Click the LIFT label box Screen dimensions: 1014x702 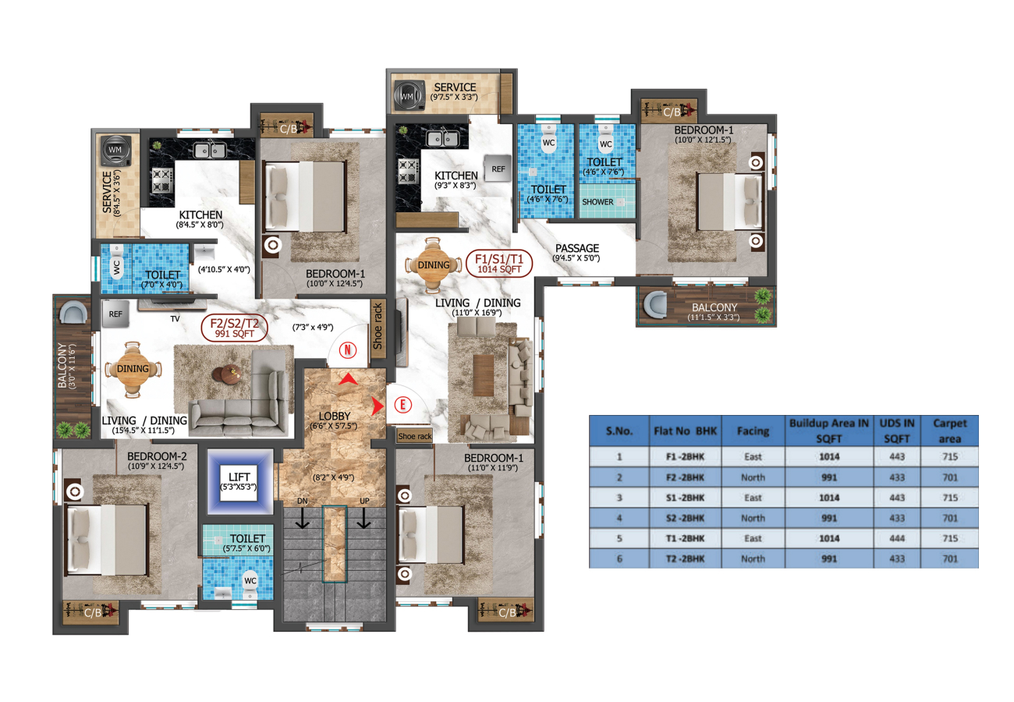pyautogui.click(x=239, y=482)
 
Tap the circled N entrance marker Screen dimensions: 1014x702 pyautogui.click(x=348, y=350)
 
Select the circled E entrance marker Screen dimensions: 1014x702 pyautogui.click(x=403, y=405)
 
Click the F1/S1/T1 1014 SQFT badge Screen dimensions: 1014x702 pyautogui.click(x=499, y=264)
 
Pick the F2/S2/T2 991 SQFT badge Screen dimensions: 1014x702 pyautogui.click(x=234, y=328)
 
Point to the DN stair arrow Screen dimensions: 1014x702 pyautogui.click(x=303, y=517)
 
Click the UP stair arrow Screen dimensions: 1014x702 pyautogui.click(x=363, y=517)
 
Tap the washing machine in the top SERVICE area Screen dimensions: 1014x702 pyautogui.click(x=409, y=95)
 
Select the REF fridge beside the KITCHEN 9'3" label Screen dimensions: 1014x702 pyautogui.click(x=498, y=168)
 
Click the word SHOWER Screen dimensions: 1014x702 pyautogui.click(x=597, y=202)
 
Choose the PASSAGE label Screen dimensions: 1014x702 pyautogui.click(x=577, y=248)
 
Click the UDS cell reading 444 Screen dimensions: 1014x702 pyautogui.click(x=897, y=538)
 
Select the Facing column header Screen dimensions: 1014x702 pyautogui.click(x=753, y=431)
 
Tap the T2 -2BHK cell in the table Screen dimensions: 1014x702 pyautogui.click(x=685, y=558)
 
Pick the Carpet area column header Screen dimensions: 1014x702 pyautogui.click(x=949, y=431)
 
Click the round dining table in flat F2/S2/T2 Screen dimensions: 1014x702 pyautogui.click(x=132, y=370)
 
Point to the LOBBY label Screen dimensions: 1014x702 pyautogui.click(x=334, y=416)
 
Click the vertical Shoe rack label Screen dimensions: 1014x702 pyautogui.click(x=377, y=326)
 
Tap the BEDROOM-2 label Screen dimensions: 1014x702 pyautogui.click(x=157, y=456)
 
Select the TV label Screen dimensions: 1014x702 pyautogui.click(x=175, y=319)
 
